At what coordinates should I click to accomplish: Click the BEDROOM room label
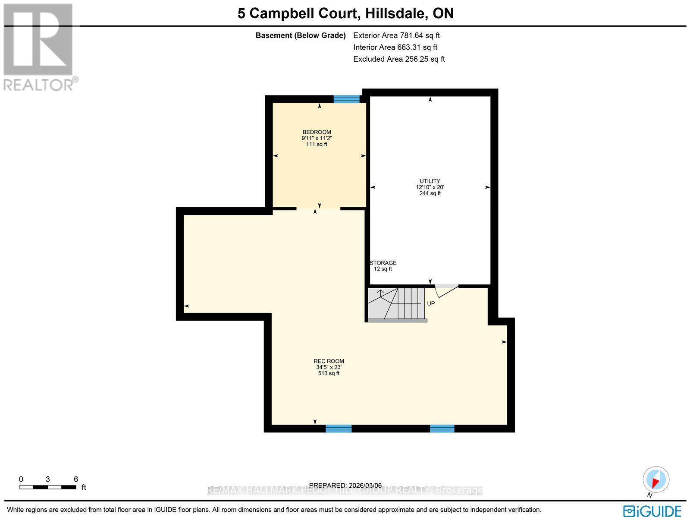317,132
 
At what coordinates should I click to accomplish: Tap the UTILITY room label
430,181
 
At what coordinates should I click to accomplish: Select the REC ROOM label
329,361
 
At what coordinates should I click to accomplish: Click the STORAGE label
383,263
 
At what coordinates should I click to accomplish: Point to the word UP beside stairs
431,303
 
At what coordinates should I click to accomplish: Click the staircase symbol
397,304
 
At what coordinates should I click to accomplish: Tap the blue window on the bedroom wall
346,99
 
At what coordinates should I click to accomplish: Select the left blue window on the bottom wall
339,428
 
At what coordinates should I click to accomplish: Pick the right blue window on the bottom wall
442,428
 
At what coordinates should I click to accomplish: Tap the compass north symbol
656,480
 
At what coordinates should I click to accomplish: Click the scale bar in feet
47,487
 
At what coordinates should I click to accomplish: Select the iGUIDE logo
652,511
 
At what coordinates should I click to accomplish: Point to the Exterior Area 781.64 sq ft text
396,35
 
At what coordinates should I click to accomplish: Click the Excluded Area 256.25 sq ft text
399,59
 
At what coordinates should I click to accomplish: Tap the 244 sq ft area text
430,193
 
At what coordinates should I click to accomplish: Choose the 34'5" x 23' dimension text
329,367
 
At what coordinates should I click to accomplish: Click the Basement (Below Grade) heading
301,35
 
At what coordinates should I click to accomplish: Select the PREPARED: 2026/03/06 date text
345,485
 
